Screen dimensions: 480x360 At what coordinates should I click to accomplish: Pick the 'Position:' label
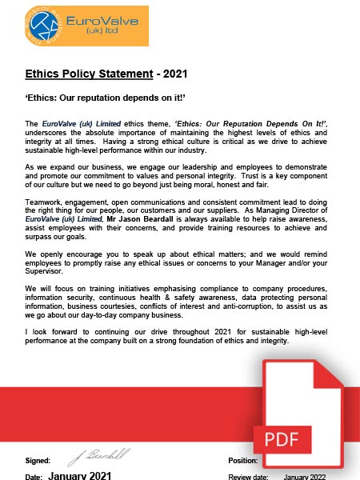click(x=266, y=462)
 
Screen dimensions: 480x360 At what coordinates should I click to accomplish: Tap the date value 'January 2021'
click(x=79, y=475)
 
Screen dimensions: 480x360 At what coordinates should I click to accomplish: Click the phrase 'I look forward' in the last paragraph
click(x=50, y=330)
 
